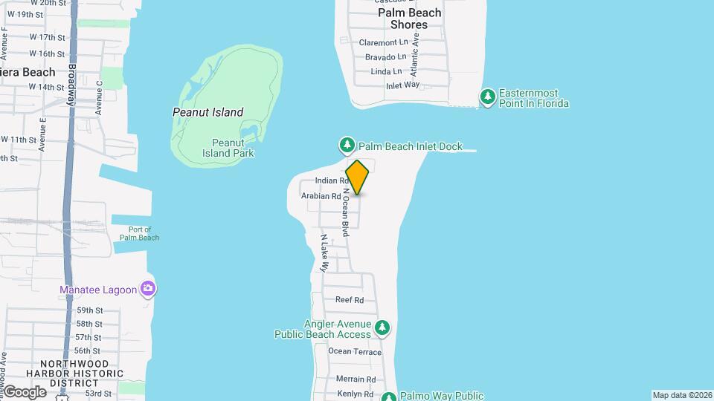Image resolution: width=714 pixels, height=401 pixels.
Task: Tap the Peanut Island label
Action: tap(208, 112)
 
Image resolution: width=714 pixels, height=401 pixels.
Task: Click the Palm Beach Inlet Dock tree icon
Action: tap(347, 145)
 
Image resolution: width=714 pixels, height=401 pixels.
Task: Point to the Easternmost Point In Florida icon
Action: tap(488, 97)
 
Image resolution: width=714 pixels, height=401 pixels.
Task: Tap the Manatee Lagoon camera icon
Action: tap(148, 289)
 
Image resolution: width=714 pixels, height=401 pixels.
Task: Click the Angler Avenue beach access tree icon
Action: tap(382, 327)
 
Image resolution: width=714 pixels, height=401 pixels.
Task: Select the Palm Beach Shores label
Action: tap(409, 19)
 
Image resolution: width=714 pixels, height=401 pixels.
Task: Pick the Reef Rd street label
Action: tap(349, 300)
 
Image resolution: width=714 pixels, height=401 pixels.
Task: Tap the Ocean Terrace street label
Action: tap(354, 351)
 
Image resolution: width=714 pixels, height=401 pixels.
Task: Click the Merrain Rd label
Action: tap(350, 379)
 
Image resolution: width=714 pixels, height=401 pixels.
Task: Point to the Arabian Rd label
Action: tap(321, 196)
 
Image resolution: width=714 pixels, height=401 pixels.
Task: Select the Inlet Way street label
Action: tap(402, 85)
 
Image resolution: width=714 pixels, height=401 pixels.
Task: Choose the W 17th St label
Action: tap(48, 37)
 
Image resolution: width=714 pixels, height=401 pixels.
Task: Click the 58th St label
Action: tap(89, 324)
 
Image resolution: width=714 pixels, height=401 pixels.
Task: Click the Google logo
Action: tap(24, 391)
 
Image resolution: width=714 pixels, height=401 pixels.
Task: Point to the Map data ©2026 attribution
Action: tap(681, 395)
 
